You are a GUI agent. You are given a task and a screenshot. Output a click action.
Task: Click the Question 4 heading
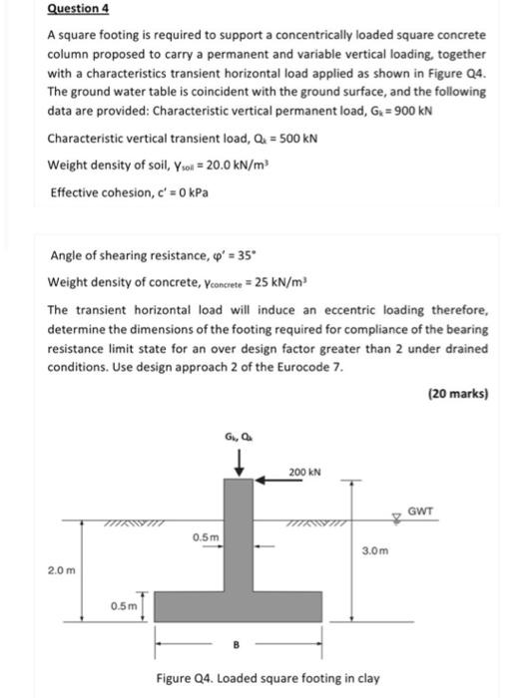coord(75,10)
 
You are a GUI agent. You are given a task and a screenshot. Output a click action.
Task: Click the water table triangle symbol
coord(397,519)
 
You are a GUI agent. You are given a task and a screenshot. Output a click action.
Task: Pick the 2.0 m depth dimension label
coord(61,569)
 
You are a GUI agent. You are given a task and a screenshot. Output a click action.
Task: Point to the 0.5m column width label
coord(207,539)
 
